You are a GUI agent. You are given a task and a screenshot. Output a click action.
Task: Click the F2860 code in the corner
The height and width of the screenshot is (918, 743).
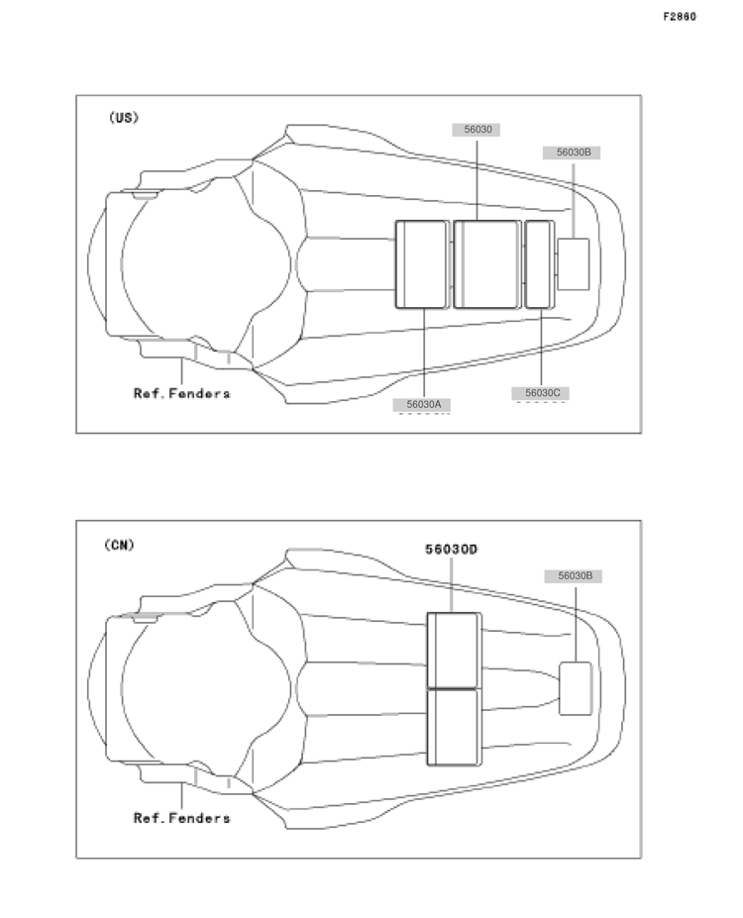(680, 17)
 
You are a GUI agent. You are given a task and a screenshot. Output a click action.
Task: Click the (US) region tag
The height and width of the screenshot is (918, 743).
(124, 118)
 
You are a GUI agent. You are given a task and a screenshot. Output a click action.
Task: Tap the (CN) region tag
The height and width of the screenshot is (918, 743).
(120, 545)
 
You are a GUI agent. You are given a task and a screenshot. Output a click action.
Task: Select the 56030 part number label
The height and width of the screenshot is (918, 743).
(476, 130)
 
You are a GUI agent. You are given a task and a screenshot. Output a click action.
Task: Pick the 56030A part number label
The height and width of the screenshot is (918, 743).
(422, 405)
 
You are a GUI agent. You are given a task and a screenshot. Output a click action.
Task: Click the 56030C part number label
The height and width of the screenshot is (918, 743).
(541, 393)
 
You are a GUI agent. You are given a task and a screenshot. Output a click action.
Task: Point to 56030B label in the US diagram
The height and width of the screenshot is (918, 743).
(572, 153)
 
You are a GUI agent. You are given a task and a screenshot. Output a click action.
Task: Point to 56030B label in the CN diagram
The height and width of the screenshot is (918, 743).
(574, 576)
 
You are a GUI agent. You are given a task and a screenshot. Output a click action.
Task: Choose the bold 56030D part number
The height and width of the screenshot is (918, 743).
(451, 550)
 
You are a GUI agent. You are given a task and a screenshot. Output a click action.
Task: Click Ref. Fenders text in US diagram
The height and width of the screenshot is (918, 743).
(181, 393)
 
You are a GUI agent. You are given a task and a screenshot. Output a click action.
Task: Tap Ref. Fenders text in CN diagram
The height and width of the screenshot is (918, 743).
(181, 818)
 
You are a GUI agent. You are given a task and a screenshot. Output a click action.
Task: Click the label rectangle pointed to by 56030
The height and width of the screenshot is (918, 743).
(487, 264)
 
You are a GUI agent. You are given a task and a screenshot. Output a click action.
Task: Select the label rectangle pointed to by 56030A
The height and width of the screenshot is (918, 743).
(422, 264)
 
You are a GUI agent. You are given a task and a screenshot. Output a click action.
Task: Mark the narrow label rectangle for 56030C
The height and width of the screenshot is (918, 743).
(539, 264)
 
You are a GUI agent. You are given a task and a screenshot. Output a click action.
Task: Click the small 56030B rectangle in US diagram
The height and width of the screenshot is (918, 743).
(574, 264)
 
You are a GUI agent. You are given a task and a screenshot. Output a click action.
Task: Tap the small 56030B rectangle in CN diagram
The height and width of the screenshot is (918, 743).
(575, 688)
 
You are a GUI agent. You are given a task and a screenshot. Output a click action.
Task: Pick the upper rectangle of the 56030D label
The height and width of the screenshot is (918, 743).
(454, 651)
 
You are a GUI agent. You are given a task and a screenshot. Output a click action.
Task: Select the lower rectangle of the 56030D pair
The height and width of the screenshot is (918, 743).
(454, 728)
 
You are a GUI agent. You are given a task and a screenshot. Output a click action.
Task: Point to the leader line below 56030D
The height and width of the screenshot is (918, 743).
(451, 585)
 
